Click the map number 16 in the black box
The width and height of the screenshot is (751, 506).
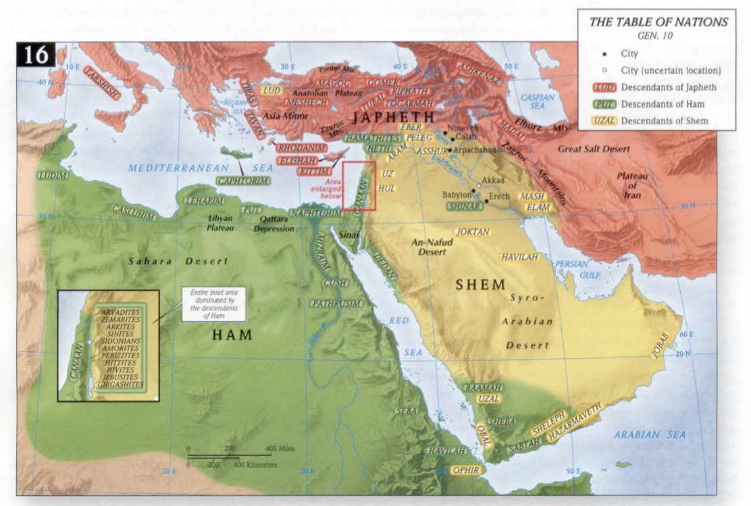[36, 55]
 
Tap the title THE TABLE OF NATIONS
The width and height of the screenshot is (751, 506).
[658, 22]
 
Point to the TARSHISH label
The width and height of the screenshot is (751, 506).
[103, 83]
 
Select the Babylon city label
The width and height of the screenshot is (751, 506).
[456, 195]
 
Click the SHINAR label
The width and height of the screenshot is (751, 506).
[465, 206]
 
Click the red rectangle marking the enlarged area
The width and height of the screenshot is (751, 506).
[359, 186]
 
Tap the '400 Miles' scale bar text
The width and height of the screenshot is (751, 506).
[281, 449]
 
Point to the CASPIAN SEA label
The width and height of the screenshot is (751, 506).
[538, 101]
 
